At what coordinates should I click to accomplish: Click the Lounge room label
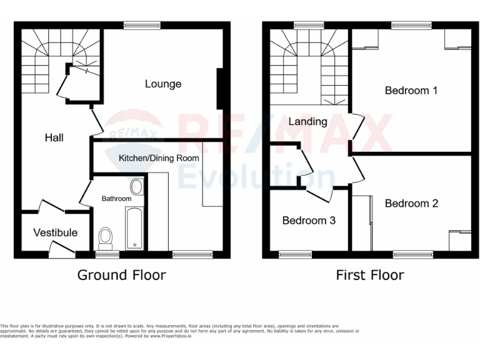pos(163,84)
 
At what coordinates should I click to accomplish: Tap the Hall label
pos(54,137)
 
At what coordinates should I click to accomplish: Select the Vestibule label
pos(56,232)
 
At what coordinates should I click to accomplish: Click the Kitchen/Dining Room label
pos(159,158)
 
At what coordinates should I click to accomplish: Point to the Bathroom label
pos(117,199)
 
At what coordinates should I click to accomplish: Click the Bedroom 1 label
pos(411,91)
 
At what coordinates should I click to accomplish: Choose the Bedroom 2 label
pos(411,203)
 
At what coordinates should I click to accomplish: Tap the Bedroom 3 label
pos(309,221)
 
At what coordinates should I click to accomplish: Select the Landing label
pos(307,121)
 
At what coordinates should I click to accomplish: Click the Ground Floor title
pos(121,275)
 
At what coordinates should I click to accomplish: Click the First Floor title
pos(370,275)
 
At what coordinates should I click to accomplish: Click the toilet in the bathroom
pos(106,237)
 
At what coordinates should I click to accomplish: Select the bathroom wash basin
pos(136,186)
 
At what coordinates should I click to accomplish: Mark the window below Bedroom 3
pos(295,254)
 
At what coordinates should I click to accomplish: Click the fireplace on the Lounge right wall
pos(219,88)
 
